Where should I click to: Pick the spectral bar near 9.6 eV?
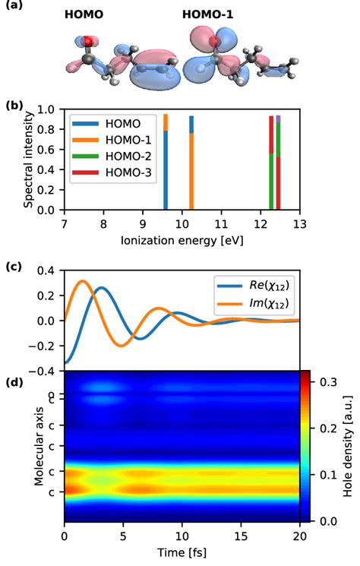(166, 161)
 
